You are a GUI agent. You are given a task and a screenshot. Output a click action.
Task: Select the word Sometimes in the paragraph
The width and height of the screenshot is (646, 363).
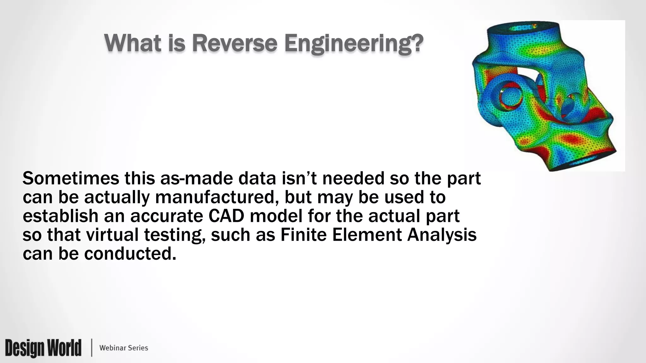(x=71, y=179)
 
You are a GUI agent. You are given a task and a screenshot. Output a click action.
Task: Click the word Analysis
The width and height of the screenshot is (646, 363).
(x=442, y=235)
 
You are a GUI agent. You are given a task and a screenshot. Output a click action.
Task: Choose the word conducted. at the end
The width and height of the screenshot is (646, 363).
(x=130, y=254)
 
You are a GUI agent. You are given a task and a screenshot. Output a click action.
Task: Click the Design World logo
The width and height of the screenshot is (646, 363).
(x=43, y=348)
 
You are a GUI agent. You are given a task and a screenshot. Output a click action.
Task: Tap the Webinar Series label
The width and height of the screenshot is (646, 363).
(x=124, y=348)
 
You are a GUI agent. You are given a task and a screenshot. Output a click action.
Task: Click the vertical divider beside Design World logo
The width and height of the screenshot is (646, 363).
(x=92, y=348)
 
